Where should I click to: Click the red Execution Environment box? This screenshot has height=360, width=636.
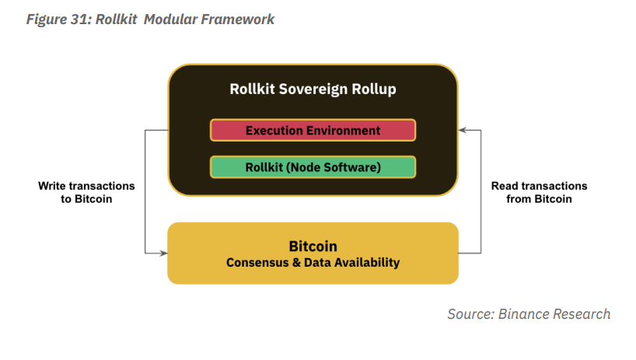click(x=313, y=130)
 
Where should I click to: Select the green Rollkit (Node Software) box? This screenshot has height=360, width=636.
click(x=313, y=167)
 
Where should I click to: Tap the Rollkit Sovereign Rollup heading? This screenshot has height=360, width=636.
click(x=313, y=89)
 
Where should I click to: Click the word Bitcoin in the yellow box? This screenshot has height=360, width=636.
click(x=313, y=246)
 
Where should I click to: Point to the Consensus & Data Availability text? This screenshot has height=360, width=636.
click(x=313, y=263)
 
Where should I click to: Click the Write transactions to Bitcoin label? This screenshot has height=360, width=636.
click(x=86, y=193)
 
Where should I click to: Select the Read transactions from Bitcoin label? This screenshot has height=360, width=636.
click(x=540, y=193)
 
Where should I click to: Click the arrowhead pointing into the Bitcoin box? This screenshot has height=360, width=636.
click(x=162, y=253)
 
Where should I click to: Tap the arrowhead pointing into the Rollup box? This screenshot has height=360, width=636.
click(x=463, y=130)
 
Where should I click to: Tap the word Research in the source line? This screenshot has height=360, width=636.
click(x=583, y=314)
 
